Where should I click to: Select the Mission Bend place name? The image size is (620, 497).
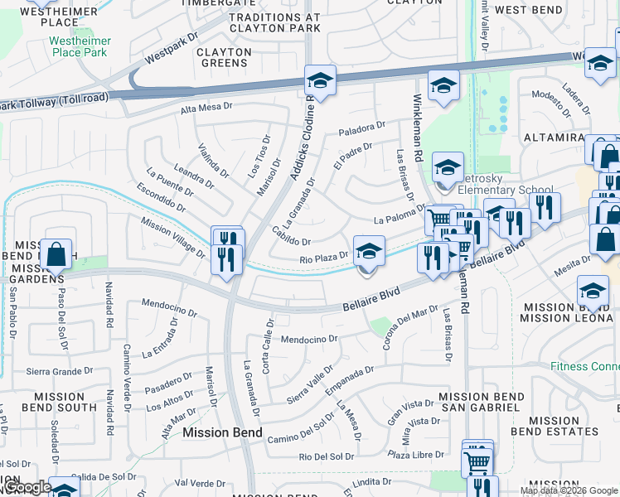[x=222, y=432]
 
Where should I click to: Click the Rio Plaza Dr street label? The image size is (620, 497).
[x=323, y=259]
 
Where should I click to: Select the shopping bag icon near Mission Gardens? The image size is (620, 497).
[x=56, y=255]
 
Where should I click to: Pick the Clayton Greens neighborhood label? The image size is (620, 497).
[x=224, y=57]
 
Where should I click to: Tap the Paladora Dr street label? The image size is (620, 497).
[x=362, y=130]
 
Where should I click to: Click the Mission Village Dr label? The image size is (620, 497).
[x=172, y=237]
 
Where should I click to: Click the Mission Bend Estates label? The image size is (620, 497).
[x=555, y=426]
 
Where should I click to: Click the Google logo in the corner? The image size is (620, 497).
[x=27, y=488]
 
